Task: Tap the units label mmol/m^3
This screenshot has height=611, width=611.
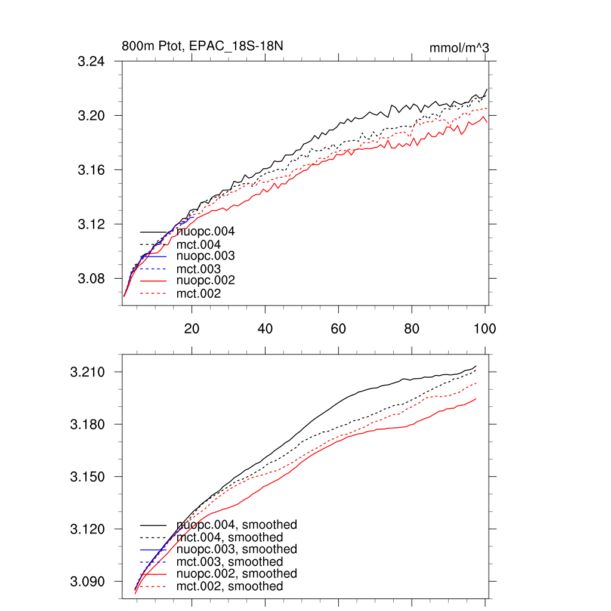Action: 459,48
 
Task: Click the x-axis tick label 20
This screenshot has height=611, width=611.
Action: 192,328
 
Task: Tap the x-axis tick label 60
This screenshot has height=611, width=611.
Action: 338,328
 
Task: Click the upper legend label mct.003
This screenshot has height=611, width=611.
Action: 199,269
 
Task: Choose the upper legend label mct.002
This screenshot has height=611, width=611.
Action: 199,294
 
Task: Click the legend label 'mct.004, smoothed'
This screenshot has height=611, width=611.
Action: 230,538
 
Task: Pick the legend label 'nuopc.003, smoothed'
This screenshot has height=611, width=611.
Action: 237,549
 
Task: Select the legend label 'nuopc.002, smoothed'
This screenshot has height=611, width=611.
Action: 237,573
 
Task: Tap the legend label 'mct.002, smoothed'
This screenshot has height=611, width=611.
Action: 230,587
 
